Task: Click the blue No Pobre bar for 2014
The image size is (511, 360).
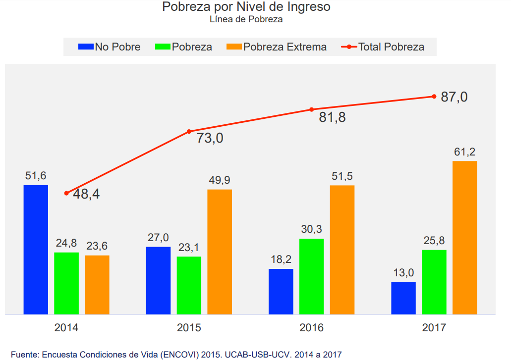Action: pos(36,250)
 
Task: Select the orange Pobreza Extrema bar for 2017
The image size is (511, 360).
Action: pos(464,238)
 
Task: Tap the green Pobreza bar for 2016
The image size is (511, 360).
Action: pos(311,276)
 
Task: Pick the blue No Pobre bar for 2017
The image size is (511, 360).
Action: pos(403,298)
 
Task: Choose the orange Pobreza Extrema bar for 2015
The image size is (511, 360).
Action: pos(220,252)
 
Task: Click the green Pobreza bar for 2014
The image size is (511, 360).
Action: pos(66,283)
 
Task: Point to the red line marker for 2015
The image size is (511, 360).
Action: pos(189,132)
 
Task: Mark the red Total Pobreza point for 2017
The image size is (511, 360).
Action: pos(434,97)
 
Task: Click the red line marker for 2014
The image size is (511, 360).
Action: pos(66,193)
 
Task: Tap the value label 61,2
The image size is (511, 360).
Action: pos(464,152)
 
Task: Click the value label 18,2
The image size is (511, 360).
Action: pos(281,260)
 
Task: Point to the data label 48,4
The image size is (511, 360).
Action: pos(86,194)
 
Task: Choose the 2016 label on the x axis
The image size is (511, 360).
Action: pos(311,328)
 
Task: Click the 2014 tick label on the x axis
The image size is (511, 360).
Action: pos(66,328)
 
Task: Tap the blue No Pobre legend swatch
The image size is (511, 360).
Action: pos(86,47)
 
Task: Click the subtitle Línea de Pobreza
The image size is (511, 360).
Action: pos(246,20)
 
